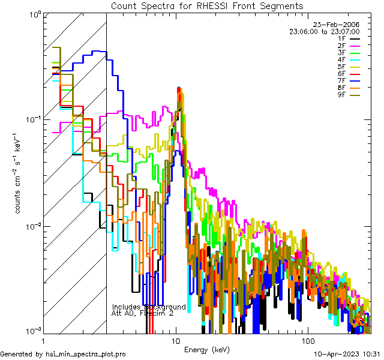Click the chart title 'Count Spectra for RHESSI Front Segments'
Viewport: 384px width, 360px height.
pos(207,5)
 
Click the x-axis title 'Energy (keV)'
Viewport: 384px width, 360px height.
pos(206,350)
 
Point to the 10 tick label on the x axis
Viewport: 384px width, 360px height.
pos(176,340)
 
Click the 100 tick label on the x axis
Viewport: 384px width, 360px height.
pos(307,340)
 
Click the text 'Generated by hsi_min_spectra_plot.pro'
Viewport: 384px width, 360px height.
pos(63,355)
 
